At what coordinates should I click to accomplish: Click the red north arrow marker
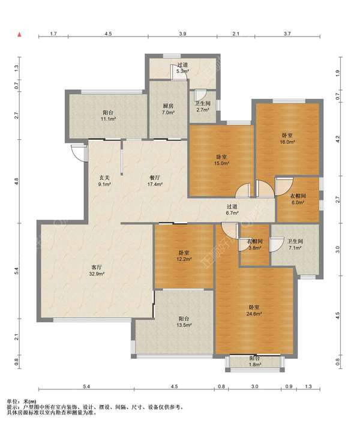[19, 35]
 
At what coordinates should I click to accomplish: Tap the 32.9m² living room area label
[97, 271]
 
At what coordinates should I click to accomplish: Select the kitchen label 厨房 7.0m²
[168, 109]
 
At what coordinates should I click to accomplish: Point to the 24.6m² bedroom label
[254, 310]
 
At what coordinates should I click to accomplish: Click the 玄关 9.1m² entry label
[104, 181]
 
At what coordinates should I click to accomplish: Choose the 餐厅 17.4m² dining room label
[155, 181]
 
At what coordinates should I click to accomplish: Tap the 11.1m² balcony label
[108, 115]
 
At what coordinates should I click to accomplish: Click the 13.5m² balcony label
[184, 322]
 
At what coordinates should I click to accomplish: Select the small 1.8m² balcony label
[255, 362]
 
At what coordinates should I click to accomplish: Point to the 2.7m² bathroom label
[202, 107]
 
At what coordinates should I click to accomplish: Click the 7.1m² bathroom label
[295, 245]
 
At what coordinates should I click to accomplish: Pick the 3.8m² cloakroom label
[254, 245]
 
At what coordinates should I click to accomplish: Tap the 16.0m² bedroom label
[287, 138]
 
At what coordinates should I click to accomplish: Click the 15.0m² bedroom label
[222, 160]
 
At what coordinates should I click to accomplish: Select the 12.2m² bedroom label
[184, 256]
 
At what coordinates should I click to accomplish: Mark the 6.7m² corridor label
[232, 210]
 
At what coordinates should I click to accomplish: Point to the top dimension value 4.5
[108, 34]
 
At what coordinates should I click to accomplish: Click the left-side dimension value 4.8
[17, 181]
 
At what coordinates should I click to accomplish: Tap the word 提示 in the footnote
[11, 407]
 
